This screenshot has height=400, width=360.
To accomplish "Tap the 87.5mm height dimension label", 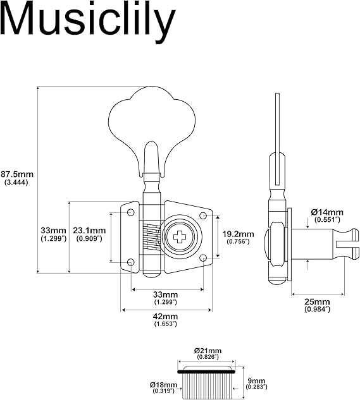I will point(17,173).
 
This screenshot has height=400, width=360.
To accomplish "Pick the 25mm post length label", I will point(317,301).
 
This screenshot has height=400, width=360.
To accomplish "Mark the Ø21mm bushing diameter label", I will point(208,351).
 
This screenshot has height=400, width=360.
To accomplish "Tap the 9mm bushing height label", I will point(254,381).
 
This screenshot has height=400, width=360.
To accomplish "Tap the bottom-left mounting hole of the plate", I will point(130,261).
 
